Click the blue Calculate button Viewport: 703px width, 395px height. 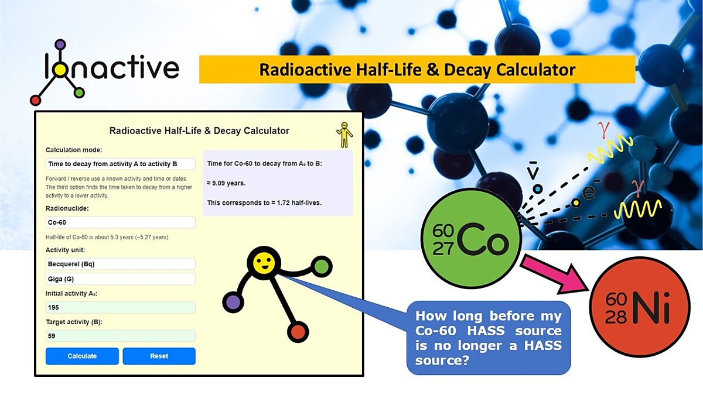click(82, 356)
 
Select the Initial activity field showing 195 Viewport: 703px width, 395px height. click(120, 307)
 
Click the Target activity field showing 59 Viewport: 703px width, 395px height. click(120, 336)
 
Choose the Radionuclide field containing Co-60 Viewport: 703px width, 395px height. click(120, 222)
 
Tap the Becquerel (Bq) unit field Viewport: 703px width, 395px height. click(120, 264)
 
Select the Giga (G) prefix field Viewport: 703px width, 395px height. click(120, 279)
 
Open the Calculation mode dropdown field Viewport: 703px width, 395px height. click(120, 164)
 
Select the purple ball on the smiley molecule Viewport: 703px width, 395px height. click(233, 303)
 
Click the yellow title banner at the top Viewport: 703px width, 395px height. click(417, 70)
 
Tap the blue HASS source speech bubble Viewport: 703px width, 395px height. click(488, 338)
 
